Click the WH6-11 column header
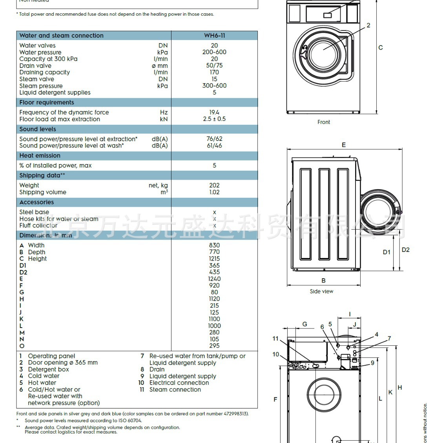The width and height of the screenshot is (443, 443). point(214,35)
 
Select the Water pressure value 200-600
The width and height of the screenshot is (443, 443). point(214,52)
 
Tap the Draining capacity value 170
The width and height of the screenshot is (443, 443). point(214,72)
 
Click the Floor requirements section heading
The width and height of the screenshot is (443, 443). point(47,102)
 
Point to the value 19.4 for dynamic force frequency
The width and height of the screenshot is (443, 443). point(214,112)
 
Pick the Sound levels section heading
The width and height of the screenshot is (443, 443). point(38,129)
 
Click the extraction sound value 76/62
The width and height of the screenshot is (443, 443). point(214,139)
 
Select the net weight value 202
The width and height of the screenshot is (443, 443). point(214,185)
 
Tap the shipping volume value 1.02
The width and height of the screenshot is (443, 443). point(214,192)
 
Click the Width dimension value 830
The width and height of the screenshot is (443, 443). point(214,245)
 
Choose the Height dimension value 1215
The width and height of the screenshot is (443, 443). point(214,259)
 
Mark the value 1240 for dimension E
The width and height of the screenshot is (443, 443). point(214,279)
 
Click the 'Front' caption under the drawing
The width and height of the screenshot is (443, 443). point(324,122)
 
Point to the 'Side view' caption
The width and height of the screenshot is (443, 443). point(321,292)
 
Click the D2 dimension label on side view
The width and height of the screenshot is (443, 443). point(405,250)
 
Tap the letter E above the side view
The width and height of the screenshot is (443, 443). point(344,145)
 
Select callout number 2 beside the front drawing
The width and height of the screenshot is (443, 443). point(368,26)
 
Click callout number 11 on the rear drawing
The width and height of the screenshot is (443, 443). point(275,339)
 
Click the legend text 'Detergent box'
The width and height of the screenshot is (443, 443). point(48,369)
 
